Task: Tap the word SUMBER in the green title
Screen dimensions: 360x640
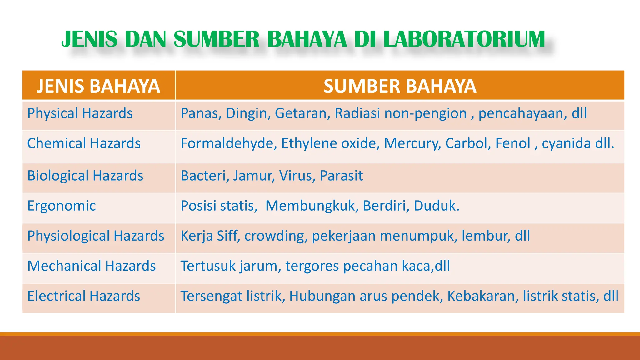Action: tap(216, 40)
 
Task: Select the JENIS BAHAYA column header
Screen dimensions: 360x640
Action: tap(98, 86)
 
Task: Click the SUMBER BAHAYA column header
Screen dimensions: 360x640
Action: tap(400, 86)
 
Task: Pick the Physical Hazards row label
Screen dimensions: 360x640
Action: tap(80, 113)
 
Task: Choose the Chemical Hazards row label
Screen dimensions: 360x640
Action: tap(84, 143)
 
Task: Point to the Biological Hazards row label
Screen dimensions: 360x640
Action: tap(85, 176)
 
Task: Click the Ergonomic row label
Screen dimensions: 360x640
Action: tap(62, 206)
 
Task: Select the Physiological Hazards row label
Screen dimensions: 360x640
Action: tap(96, 236)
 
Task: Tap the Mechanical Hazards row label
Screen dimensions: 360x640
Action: tap(91, 266)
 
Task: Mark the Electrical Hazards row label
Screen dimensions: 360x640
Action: tap(83, 296)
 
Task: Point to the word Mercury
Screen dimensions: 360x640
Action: tap(412, 143)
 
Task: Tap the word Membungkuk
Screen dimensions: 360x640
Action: tap(311, 206)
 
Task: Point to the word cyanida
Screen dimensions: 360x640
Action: tap(566, 143)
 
